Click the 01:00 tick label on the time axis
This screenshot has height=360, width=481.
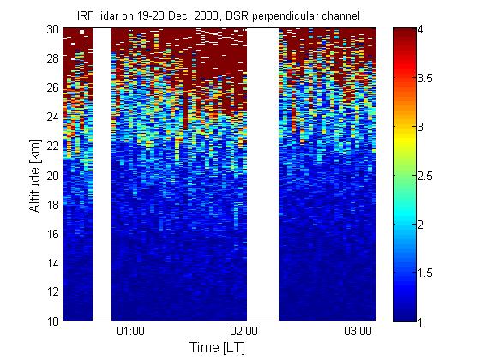coord(130,332)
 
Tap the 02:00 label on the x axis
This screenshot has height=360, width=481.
coord(244,332)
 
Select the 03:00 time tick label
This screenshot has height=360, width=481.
coord(358,332)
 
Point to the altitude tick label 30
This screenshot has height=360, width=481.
coord(53,29)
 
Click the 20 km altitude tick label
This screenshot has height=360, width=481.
coord(53,176)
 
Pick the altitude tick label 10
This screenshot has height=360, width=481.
coord(53,321)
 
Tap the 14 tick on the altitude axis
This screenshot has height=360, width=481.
coord(53,263)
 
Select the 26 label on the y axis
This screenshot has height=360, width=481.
coord(53,88)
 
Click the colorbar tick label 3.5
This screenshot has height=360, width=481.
coord(424,79)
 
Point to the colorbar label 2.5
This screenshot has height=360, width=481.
coord(424,176)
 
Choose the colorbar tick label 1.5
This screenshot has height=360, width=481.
coord(424,273)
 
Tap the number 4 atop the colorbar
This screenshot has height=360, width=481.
coord(420,30)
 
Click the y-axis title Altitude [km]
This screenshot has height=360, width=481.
coord(35,176)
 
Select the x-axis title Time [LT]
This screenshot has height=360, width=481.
coord(218,348)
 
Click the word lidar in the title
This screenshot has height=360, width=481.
coord(108,15)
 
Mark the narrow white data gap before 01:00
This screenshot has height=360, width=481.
coord(102,175)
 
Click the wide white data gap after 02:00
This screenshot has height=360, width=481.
coord(263,175)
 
